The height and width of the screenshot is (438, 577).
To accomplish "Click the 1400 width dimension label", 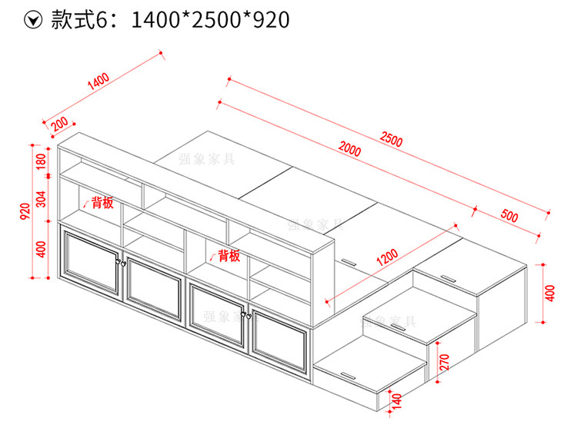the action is point(98,81).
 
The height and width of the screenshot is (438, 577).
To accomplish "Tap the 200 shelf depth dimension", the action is point(59,124).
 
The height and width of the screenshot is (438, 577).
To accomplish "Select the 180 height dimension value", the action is point(42,161).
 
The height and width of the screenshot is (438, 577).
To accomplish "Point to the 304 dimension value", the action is point(42,199).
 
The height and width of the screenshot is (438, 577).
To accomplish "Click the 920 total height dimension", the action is point(25,211).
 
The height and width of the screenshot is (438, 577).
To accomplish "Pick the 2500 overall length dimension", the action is point(391,139).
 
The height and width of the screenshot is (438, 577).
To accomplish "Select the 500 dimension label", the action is point(509,215).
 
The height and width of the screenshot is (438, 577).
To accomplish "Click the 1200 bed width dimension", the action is point(387,257).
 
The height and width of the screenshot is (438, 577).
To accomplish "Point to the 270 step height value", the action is point(445,362).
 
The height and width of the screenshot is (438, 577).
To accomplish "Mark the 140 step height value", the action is point(397,401).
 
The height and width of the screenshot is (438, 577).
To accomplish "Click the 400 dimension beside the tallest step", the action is point(550,293).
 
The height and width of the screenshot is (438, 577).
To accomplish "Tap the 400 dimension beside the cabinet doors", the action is point(42,249).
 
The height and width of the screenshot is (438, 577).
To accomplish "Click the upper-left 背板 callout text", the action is point(102,202).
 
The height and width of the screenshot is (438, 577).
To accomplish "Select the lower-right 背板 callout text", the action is point(229,255).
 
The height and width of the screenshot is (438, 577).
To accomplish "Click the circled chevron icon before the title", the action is point(33,20).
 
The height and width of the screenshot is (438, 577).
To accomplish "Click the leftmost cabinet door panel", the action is point(92,262).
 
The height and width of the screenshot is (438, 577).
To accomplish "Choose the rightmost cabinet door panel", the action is point(278,340).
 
